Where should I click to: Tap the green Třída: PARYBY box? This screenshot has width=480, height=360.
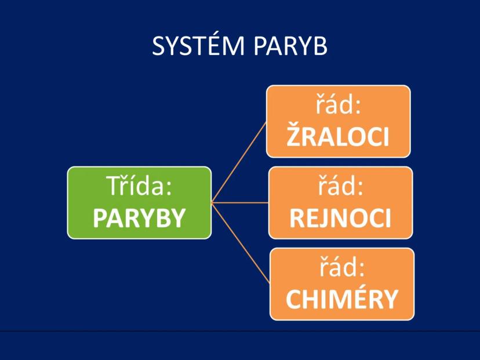pos(139,202)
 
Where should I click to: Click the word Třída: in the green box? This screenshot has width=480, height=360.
pos(139,188)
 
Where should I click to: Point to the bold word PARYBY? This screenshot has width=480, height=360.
pos(139,218)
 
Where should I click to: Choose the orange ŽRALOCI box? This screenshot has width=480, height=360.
pos(338,121)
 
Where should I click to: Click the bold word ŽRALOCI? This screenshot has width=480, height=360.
pos(338,136)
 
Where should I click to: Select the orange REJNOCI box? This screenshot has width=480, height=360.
pos(340,202)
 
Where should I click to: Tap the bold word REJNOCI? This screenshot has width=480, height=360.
pos(340,218)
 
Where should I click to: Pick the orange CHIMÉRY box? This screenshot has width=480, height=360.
pos(342,283)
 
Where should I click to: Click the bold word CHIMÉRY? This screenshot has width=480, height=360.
pos(342,299)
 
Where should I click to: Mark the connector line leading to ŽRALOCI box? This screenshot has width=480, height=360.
pos(239,162)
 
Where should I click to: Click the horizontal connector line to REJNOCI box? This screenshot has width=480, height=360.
pos(239,203)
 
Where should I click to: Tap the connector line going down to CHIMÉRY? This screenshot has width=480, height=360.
pos(241,243)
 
